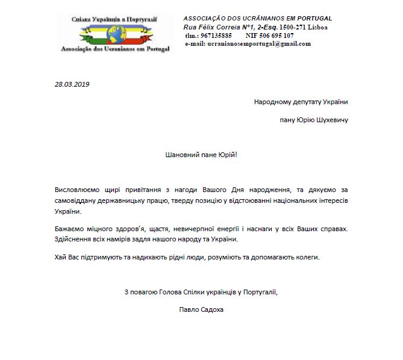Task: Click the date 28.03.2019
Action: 72,84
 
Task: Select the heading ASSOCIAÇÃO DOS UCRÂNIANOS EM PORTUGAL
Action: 258,19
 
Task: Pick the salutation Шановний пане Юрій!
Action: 201,155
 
